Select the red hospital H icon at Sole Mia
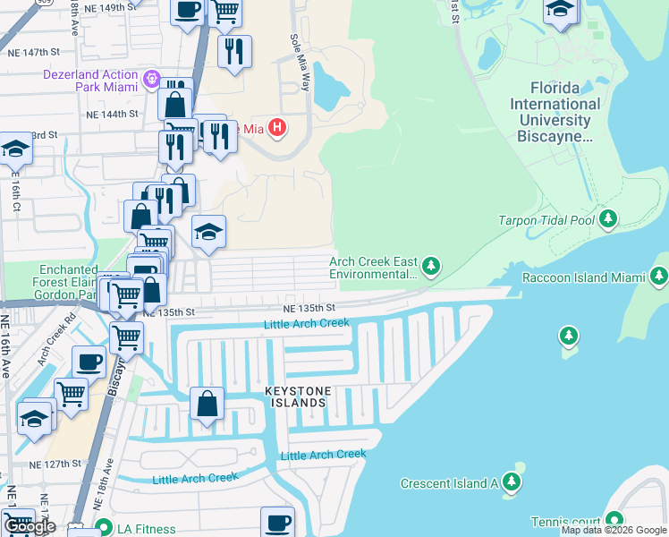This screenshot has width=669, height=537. (277, 129)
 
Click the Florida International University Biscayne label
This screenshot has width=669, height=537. (555, 112)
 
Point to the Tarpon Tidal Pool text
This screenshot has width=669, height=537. (547, 220)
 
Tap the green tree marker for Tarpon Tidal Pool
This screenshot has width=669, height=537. (608, 218)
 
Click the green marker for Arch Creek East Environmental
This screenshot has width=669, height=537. (431, 266)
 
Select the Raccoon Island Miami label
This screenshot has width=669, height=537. (583, 277)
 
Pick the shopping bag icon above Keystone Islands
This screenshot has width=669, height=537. (207, 402)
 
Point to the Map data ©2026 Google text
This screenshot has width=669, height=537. (614, 530)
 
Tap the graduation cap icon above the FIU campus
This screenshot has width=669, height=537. (560, 10)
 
